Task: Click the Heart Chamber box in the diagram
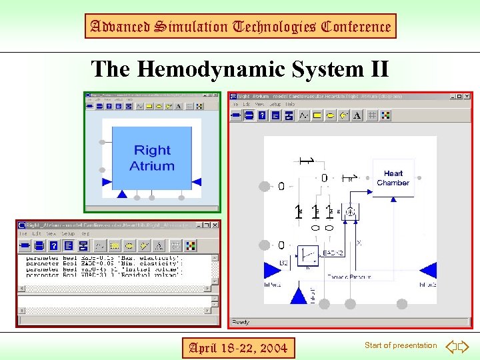[x=393, y=178]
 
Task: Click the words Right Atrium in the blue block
[x=152, y=158]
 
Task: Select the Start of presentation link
[x=401, y=345]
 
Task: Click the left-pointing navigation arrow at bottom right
[x=451, y=346]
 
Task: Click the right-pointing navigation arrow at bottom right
[x=464, y=346]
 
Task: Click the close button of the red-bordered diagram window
[x=468, y=97]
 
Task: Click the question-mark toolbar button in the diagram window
[x=261, y=115]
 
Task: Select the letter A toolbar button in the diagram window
[x=357, y=115]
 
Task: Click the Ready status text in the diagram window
[x=241, y=322]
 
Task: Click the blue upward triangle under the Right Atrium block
[x=121, y=194]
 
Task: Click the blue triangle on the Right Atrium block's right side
[x=197, y=181]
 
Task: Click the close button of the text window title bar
[x=215, y=225]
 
